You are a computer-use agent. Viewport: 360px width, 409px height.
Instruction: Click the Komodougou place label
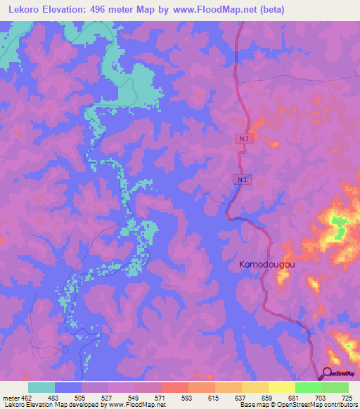[266, 264]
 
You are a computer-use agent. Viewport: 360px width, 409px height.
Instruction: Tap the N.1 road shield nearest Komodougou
[242, 181]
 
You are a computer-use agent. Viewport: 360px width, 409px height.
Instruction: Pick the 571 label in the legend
[161, 398]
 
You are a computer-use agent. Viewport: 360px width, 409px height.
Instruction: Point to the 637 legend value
[240, 398]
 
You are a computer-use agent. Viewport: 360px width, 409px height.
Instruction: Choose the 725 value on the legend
[346, 398]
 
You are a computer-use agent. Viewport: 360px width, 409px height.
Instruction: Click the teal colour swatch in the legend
[41, 387]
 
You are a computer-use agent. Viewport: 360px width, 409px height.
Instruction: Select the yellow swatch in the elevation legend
[282, 387]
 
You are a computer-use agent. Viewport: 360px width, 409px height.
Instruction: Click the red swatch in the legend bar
[175, 387]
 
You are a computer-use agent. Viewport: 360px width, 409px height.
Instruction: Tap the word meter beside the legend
[11, 398]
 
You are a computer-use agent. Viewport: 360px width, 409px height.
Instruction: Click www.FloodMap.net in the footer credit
[144, 405]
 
